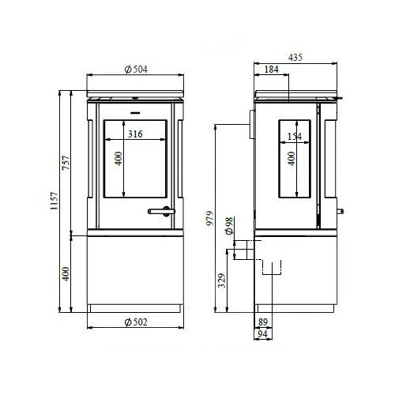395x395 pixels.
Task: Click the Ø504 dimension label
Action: point(136,70)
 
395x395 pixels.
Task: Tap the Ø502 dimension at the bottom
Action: point(136,322)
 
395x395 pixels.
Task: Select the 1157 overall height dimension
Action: point(55,201)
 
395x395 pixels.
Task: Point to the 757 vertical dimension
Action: point(66,163)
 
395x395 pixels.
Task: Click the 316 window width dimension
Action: point(135,134)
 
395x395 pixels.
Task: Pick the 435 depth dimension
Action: point(295,58)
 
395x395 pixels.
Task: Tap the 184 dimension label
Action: point(271,70)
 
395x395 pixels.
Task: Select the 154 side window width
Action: point(295,137)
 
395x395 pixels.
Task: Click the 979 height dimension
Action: point(210,218)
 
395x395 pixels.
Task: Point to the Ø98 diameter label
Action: point(229,226)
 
